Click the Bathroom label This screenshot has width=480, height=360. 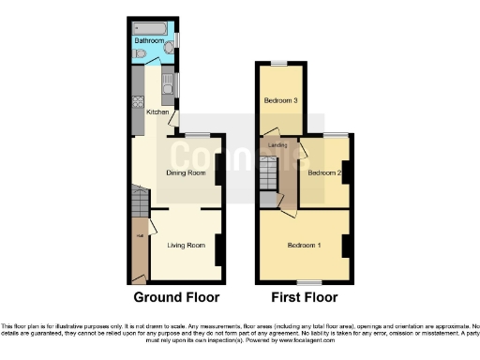[150, 41]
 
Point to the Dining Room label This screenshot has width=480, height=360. [187, 173]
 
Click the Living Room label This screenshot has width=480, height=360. [186, 246]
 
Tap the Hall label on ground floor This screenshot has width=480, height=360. [140, 221]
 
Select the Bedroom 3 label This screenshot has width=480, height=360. [280, 100]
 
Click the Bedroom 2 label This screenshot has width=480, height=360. [323, 173]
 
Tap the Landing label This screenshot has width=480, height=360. [277, 145]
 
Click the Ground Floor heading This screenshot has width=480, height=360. [176, 297]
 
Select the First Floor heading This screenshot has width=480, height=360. [303, 297]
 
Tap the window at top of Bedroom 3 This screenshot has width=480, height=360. [279, 63]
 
